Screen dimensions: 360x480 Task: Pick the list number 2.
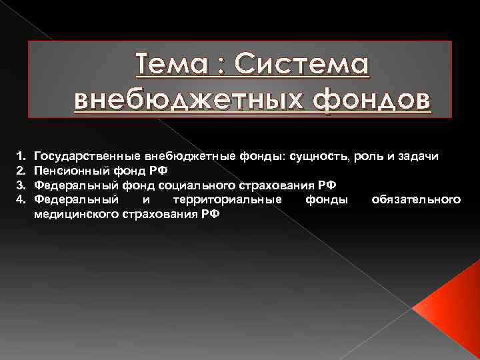20,169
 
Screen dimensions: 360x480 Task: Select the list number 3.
20,184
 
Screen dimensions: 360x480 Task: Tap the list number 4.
20,199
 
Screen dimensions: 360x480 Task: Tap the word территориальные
227,199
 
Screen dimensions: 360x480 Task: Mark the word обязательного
417,199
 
